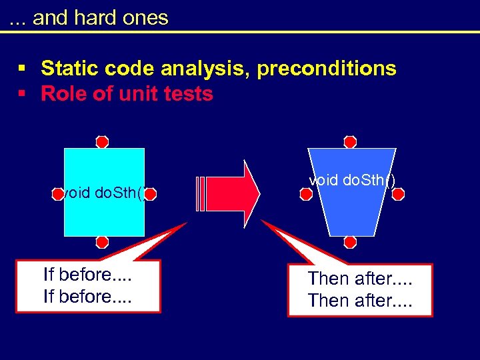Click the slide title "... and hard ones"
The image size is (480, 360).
pyautogui.click(x=89, y=17)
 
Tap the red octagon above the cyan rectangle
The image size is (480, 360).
pyautogui.click(x=102, y=141)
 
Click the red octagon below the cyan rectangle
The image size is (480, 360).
pyautogui.click(x=102, y=242)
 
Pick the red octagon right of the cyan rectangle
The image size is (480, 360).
pyautogui.click(x=150, y=194)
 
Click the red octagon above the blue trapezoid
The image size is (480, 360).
pyautogui.click(x=350, y=141)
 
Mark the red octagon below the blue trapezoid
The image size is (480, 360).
pyautogui.click(x=350, y=242)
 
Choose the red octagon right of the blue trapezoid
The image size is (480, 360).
pyautogui.click(x=398, y=194)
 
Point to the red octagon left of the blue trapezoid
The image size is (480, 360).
pyautogui.click(x=306, y=194)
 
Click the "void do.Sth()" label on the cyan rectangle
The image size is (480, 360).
pyautogui.click(x=102, y=193)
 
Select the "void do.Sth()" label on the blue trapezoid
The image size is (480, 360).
pyautogui.click(x=352, y=179)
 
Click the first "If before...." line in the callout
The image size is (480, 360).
pyautogui.click(x=87, y=275)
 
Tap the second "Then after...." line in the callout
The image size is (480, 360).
pyautogui.click(x=360, y=301)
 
